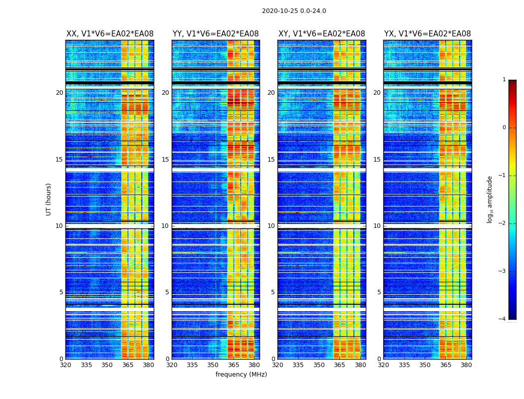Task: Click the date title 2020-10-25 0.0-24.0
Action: [294, 11]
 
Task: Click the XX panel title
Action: [110, 34]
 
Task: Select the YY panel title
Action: [216, 34]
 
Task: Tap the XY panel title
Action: [321, 34]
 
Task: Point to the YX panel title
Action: [427, 34]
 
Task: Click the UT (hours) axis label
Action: [49, 199]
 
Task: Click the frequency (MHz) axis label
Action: [241, 375]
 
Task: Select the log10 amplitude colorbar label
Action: [490, 199]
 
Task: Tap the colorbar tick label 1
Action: [504, 80]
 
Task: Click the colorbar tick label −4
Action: [503, 319]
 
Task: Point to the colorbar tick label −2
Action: [503, 223]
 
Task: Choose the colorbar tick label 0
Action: [504, 128]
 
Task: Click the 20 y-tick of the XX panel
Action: [59, 93]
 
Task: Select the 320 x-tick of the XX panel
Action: [65, 365]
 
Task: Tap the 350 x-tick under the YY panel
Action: [213, 365]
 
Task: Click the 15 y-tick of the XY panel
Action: [271, 160]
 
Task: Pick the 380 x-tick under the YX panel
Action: [466, 365]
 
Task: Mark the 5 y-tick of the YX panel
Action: [379, 292]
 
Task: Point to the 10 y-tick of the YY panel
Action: [165, 226]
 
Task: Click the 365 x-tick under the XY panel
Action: [339, 365]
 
